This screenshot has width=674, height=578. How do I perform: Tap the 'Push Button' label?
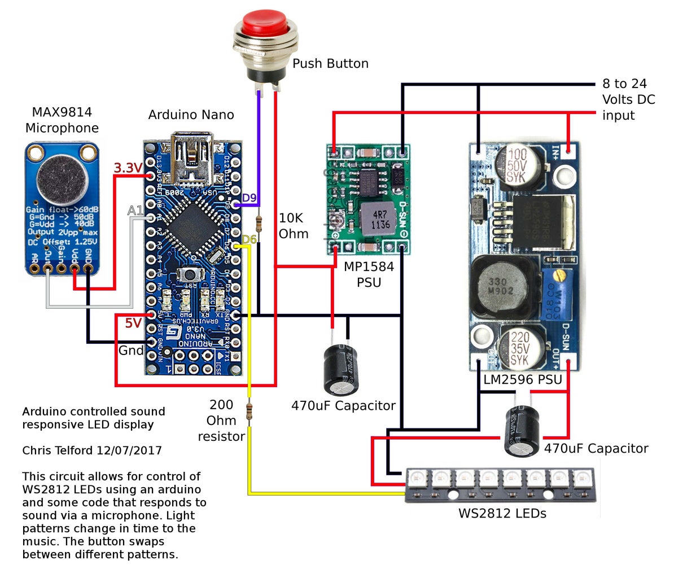(330, 64)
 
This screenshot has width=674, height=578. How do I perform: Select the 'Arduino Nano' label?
(191, 115)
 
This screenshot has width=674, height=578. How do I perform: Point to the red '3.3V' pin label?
(127, 168)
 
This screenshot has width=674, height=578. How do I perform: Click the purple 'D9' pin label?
(249, 198)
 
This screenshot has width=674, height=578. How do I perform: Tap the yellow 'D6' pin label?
(249, 240)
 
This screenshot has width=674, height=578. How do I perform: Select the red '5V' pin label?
(133, 323)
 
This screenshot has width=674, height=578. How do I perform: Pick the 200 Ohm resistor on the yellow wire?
(249, 410)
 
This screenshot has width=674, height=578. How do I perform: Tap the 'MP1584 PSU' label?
(369, 274)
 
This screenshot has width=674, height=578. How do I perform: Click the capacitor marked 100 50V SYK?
(517, 164)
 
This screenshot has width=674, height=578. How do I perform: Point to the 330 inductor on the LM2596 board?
(500, 286)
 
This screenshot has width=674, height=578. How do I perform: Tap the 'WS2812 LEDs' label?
(502, 514)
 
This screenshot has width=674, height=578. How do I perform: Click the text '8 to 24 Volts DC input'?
(628, 100)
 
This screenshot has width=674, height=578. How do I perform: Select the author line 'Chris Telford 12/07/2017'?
(92, 450)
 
